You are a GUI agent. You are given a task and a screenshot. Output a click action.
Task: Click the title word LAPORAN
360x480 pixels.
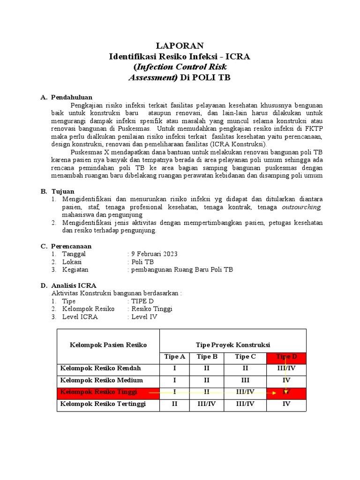pyautogui.click(x=180, y=45)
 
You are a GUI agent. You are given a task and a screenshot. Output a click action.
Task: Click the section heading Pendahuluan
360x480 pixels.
pyautogui.click(x=72, y=97)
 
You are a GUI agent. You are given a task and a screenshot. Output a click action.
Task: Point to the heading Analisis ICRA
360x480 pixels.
pyautogui.click(x=74, y=285)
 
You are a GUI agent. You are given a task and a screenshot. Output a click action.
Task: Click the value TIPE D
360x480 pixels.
pyautogui.click(x=142, y=301)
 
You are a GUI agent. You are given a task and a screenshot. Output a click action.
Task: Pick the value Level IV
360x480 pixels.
pyautogui.click(x=144, y=316)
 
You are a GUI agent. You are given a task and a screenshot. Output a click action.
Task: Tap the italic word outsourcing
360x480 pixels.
pyautogui.click(x=301, y=207)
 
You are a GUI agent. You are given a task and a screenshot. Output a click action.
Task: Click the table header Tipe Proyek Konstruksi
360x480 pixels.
pyautogui.click(x=232, y=345)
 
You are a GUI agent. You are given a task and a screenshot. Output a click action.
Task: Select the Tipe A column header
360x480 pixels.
pyautogui.click(x=175, y=357)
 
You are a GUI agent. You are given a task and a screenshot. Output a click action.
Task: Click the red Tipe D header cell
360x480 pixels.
pyautogui.click(x=286, y=357)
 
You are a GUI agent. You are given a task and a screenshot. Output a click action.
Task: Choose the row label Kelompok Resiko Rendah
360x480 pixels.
pyautogui.click(x=101, y=368)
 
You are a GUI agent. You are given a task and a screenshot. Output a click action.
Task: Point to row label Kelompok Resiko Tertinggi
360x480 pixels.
pyautogui.click(x=103, y=404)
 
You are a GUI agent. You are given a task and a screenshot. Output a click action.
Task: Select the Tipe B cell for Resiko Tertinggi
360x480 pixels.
pyautogui.click(x=207, y=404)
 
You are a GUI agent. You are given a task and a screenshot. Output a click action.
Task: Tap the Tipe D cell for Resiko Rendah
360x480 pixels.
pyautogui.click(x=286, y=368)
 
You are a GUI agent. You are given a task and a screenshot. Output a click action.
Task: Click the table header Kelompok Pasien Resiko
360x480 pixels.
pyautogui.click(x=108, y=345)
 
